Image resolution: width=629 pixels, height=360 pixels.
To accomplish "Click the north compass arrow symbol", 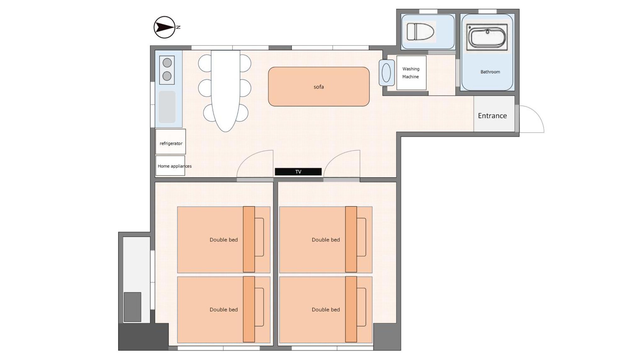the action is tap(164, 27).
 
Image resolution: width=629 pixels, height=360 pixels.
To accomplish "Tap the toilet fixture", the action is tap(420, 31).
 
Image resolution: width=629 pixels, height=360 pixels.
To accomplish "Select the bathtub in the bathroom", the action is tap(487, 37).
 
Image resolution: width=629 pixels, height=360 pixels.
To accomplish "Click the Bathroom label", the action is tap(490, 72).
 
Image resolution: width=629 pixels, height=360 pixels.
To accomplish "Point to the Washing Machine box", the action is tap(411, 73).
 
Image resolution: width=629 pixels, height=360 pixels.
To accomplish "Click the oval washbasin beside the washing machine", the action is tap(387, 73).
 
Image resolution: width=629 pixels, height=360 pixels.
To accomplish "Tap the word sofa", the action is tap(319, 87).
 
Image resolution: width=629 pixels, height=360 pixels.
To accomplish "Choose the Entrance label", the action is tap(492, 116).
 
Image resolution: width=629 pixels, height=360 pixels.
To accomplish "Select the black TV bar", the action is tap(298, 172).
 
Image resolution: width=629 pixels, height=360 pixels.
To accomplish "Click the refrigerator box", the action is tap(170, 141).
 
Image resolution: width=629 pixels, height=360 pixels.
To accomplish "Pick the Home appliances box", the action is tap(170, 166).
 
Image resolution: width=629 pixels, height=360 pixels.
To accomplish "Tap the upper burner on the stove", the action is tap(167, 63).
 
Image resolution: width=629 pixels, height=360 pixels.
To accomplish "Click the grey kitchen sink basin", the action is tap(167, 107).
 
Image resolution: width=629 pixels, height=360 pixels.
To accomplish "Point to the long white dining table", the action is tap(225, 91).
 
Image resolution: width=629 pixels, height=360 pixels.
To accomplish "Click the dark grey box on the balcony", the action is tap(132, 307).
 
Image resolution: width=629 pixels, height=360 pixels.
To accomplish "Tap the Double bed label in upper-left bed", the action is tap(224, 240).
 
